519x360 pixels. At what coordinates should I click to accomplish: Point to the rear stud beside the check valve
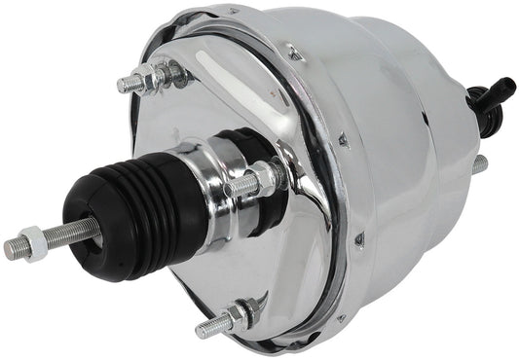(480, 166)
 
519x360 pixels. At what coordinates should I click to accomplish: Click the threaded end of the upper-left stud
(127, 85)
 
